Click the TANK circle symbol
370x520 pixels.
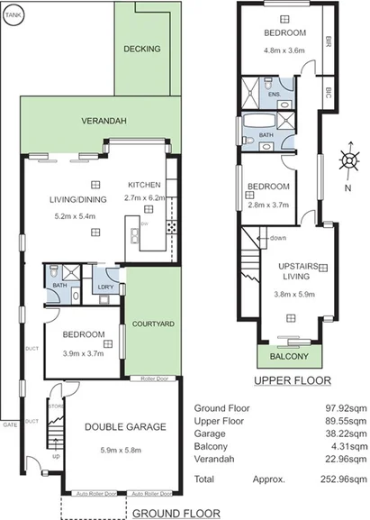[x=13, y=14]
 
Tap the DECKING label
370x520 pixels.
[x=142, y=49]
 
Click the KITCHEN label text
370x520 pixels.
[x=144, y=184]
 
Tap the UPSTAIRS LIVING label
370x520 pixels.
[x=290, y=271]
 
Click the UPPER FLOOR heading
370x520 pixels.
[x=292, y=381]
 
